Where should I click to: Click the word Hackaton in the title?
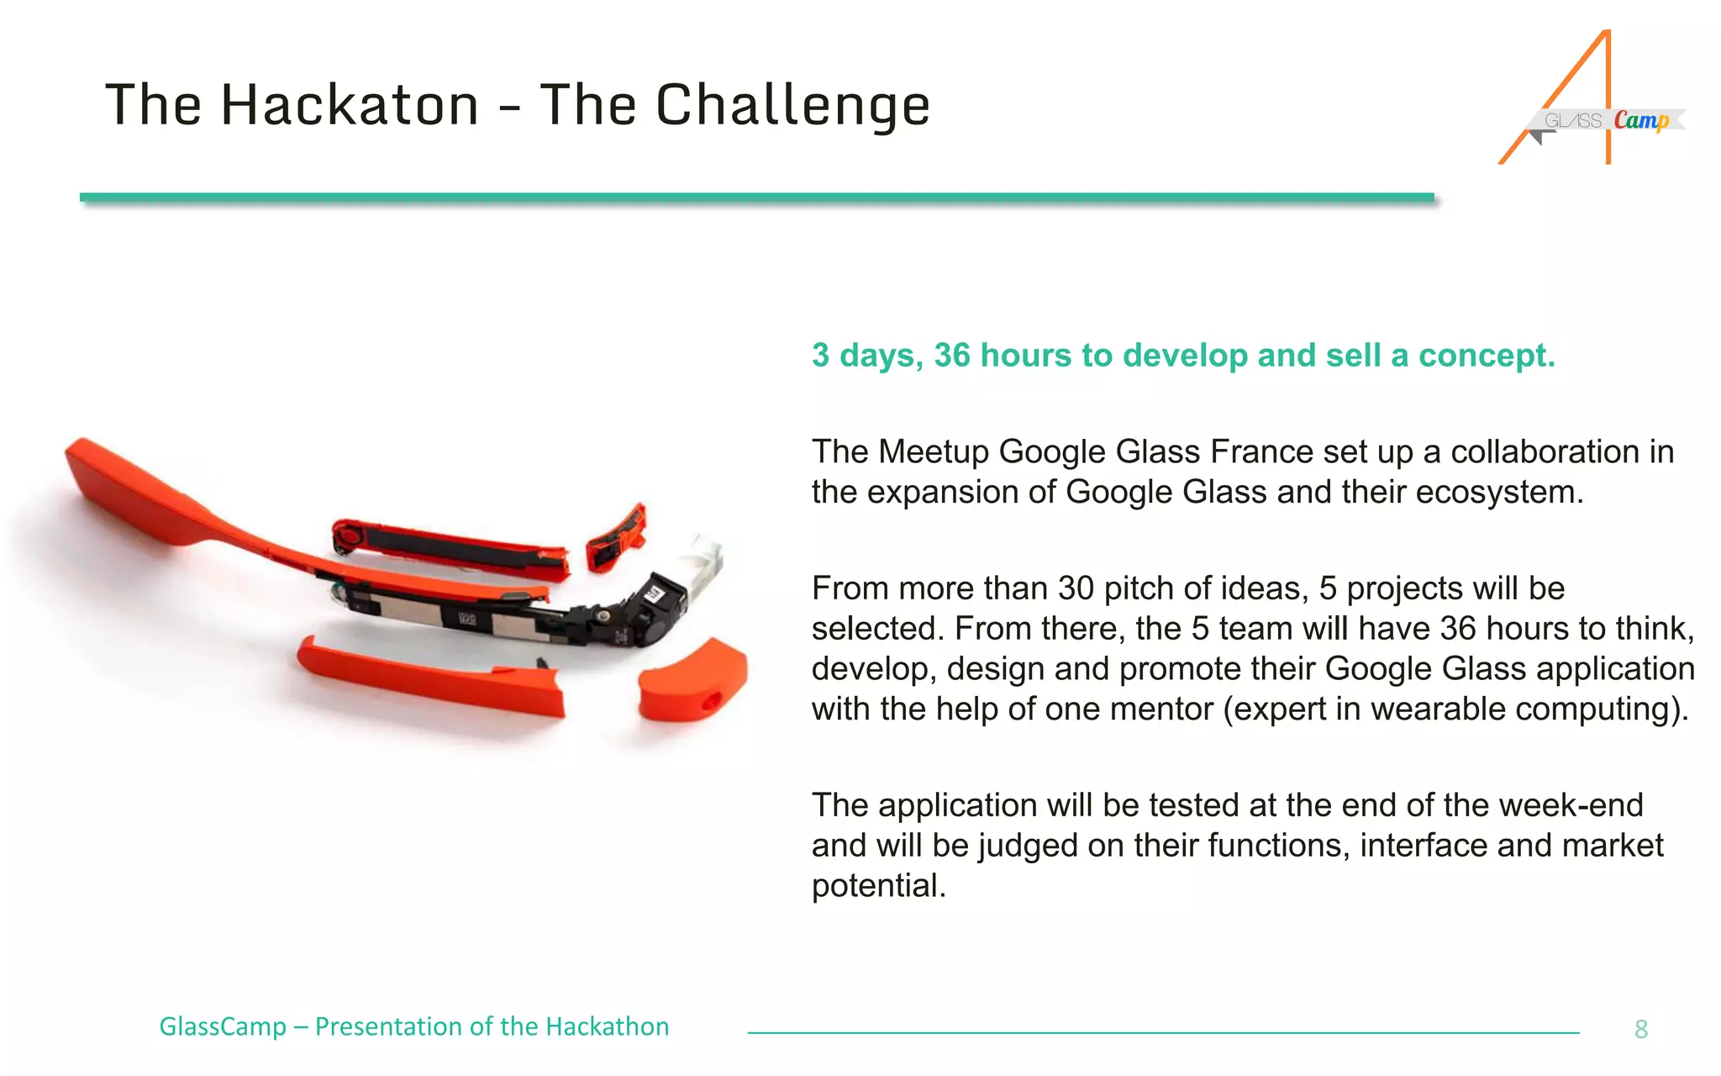point(350,106)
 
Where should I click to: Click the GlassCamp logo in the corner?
point(1592,101)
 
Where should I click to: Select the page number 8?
point(1640,1029)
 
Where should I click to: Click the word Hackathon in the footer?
point(607,1026)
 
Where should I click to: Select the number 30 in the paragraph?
point(1076,588)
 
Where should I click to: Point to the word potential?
point(878,886)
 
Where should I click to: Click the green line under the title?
point(756,198)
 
